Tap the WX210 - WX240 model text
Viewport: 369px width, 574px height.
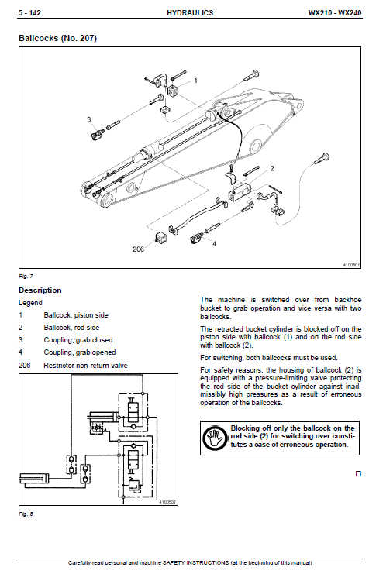[x=334, y=13]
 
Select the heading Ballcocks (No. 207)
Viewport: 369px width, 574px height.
[x=58, y=38]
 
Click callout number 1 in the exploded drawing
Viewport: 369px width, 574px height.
[x=195, y=80]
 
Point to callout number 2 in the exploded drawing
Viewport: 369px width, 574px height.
[x=271, y=168]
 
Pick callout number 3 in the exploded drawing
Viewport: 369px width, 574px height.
[x=89, y=119]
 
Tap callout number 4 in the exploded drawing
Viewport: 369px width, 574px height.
[x=214, y=243]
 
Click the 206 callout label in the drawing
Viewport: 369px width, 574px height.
[x=139, y=249]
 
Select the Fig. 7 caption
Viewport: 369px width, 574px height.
[x=26, y=276]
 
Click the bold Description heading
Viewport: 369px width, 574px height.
[x=40, y=290]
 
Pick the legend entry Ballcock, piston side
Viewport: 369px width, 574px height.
[x=77, y=315]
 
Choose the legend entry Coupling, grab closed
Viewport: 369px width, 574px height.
[x=78, y=340]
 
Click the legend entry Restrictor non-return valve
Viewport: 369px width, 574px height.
[x=86, y=365]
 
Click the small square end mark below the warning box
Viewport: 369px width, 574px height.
[x=358, y=473]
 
